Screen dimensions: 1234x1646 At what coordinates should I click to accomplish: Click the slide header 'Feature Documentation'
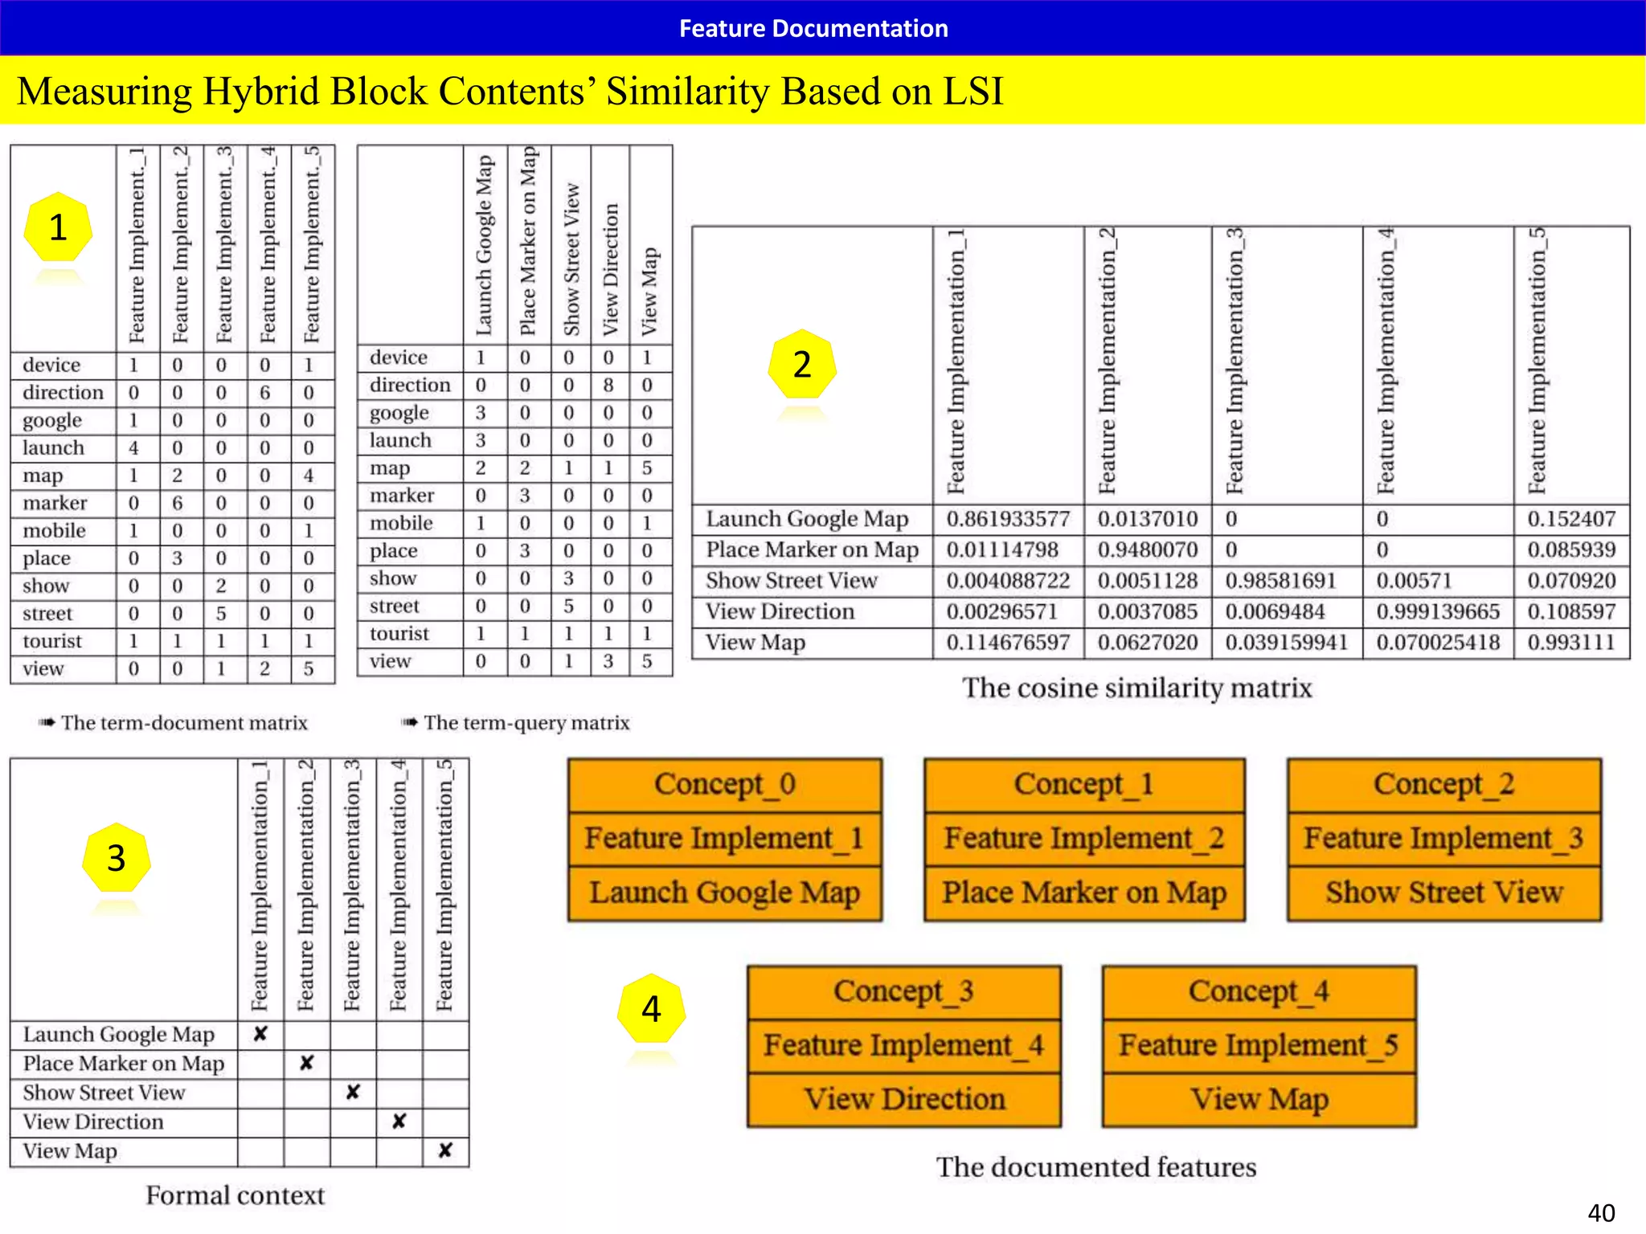(813, 28)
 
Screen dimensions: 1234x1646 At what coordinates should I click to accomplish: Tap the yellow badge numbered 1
(58, 227)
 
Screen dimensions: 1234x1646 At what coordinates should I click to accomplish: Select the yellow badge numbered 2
(801, 365)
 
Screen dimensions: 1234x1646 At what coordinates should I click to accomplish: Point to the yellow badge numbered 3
(116, 858)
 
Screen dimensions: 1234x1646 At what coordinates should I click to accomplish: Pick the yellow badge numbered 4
(651, 1009)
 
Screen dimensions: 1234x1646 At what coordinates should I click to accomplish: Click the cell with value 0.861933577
(1008, 519)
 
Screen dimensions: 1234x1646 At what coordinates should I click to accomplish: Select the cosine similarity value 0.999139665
(1438, 611)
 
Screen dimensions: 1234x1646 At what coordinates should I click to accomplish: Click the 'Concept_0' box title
(724, 784)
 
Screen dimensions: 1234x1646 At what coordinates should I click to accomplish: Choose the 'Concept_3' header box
(903, 991)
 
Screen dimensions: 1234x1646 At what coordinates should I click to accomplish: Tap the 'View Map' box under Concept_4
(1259, 1099)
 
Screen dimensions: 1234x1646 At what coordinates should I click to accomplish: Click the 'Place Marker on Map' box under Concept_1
(1084, 893)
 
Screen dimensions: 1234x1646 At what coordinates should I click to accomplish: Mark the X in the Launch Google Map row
(260, 1034)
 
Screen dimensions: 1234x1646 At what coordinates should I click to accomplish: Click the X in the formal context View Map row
(445, 1150)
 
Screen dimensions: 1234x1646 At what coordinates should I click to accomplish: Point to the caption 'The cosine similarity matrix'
(1136, 688)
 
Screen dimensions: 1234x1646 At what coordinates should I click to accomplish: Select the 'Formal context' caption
(235, 1195)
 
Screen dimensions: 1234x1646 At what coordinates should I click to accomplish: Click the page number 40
(1601, 1212)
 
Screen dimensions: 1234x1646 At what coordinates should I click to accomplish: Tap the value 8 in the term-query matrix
(608, 386)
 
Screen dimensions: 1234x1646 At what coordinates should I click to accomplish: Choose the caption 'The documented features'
(1095, 1167)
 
